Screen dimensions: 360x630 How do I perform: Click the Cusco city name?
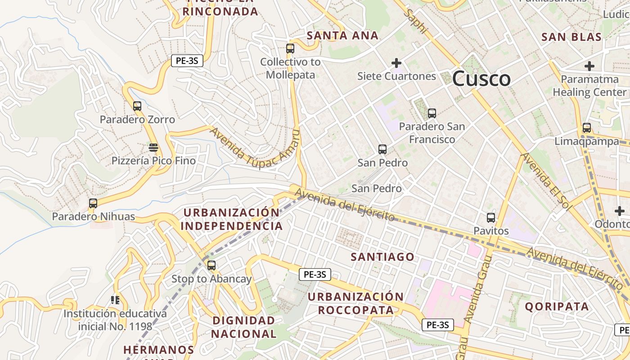click(481, 79)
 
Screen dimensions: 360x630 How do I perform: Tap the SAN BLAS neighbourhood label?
click(571, 37)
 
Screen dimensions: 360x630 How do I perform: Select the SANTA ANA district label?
click(342, 36)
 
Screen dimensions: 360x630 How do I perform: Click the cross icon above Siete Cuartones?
click(396, 63)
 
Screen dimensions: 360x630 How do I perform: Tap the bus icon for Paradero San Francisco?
click(432, 113)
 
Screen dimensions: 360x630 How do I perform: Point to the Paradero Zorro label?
click(137, 120)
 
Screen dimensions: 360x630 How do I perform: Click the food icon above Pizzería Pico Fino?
click(153, 148)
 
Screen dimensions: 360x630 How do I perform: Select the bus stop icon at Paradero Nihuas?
click(93, 203)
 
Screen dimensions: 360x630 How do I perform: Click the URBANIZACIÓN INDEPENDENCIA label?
click(232, 219)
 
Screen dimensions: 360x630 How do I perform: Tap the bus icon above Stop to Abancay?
click(211, 265)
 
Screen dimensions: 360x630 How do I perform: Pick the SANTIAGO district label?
click(382, 257)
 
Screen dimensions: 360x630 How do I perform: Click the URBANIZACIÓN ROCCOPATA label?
click(355, 303)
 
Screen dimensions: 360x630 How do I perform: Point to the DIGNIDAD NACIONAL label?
click(243, 327)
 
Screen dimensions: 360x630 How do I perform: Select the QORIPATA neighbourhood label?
click(557, 307)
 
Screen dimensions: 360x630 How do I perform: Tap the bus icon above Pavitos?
click(491, 218)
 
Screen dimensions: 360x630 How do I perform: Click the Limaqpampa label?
click(586, 141)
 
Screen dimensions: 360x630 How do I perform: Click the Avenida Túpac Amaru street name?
click(255, 149)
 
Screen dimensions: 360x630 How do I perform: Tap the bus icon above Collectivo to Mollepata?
click(290, 49)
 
